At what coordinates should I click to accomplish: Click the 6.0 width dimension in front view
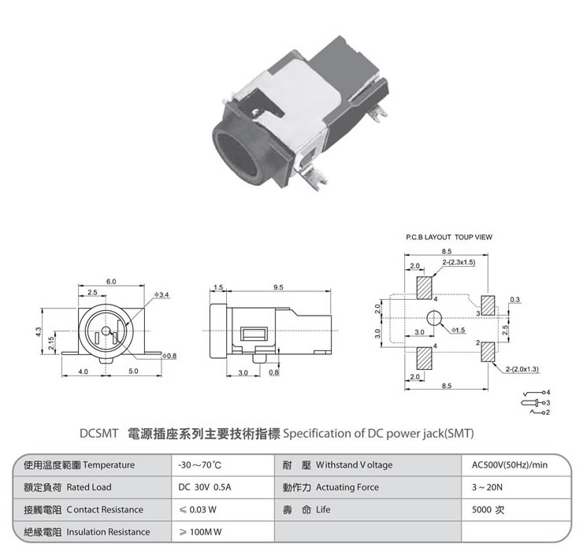(111, 282)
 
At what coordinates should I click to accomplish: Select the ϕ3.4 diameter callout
(162, 295)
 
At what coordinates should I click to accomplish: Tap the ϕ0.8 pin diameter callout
(169, 356)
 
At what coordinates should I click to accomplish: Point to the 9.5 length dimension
(278, 287)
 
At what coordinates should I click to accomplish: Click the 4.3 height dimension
(39, 332)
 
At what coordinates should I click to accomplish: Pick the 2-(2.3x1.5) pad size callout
(459, 262)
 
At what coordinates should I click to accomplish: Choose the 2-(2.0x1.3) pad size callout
(522, 369)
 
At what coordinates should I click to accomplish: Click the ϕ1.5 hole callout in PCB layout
(458, 330)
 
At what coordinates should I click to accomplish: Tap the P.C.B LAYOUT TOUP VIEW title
(449, 237)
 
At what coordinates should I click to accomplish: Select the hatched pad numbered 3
(488, 305)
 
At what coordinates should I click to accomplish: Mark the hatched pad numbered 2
(488, 352)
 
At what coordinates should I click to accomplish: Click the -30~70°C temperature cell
(199, 465)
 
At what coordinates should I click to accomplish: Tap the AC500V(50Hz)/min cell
(510, 464)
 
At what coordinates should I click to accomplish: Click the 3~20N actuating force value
(487, 487)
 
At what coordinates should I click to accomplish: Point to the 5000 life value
(481, 509)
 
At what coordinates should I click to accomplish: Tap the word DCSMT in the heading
(98, 434)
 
